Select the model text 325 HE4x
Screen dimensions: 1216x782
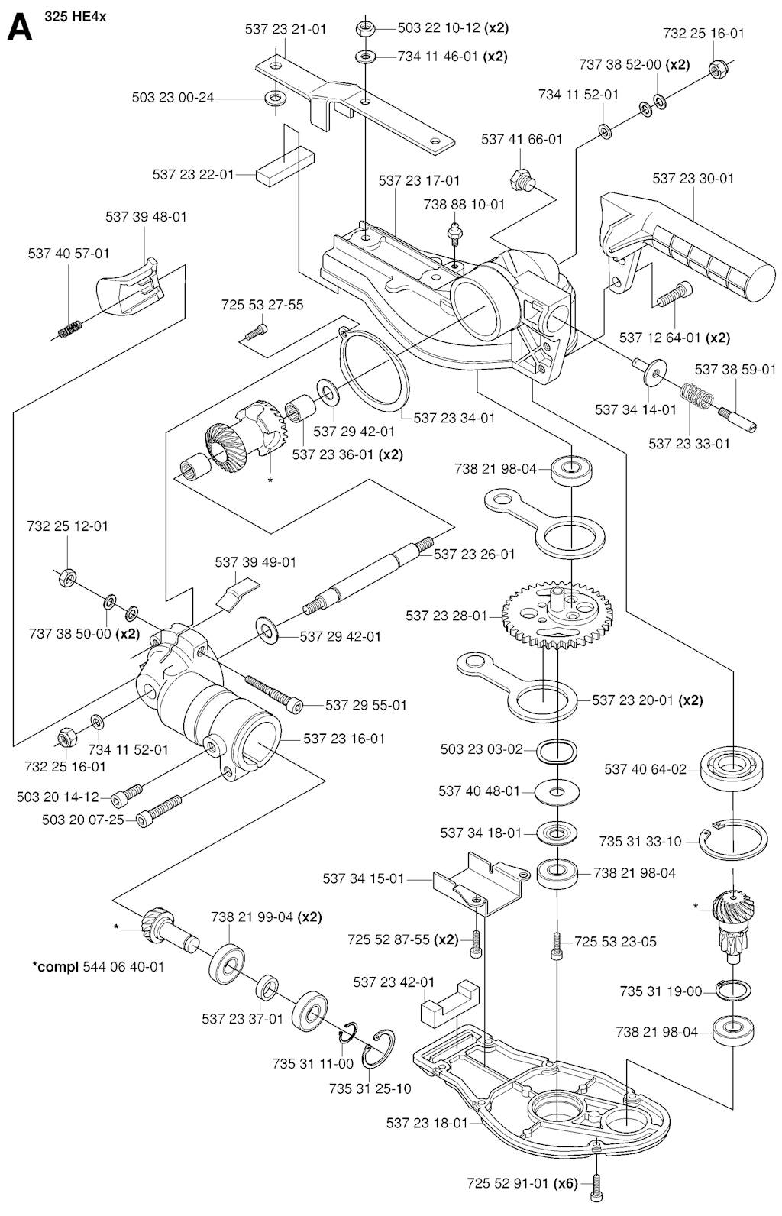(x=76, y=16)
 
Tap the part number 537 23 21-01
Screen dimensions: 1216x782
(x=286, y=30)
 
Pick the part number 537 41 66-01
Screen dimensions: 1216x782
(x=522, y=140)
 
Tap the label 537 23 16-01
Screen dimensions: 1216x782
(x=344, y=739)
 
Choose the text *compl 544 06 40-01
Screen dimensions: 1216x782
(x=99, y=966)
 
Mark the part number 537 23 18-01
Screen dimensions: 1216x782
(x=427, y=1123)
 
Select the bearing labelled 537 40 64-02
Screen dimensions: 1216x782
(x=732, y=768)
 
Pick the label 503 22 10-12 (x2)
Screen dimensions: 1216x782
(x=453, y=28)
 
